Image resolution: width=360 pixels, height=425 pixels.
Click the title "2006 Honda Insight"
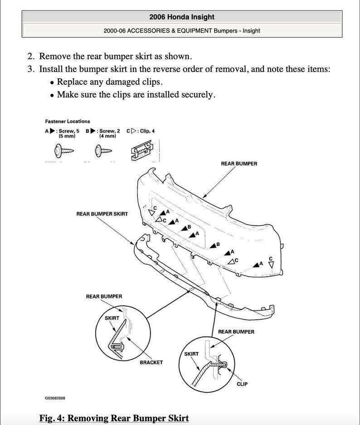(x=181, y=17)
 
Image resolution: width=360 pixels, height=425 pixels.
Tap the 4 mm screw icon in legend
(x=102, y=149)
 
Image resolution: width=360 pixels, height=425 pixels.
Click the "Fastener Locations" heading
(x=68, y=121)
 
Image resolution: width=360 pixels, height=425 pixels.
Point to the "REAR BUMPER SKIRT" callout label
(x=102, y=214)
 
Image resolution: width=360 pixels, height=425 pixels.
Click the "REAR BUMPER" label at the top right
(x=239, y=164)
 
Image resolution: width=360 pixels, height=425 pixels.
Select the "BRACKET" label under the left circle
(x=151, y=362)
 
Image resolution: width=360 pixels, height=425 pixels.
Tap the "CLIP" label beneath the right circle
(x=242, y=384)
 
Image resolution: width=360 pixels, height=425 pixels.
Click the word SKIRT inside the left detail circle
(x=112, y=318)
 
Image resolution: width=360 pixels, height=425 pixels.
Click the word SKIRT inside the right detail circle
(x=191, y=353)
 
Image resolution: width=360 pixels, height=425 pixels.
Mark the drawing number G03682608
(x=55, y=398)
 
